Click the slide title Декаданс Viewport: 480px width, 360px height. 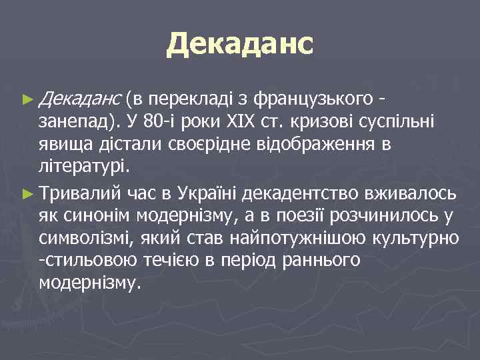tap(239, 44)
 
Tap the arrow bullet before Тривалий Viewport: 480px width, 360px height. tap(27, 194)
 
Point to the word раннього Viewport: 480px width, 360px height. tap(320, 261)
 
